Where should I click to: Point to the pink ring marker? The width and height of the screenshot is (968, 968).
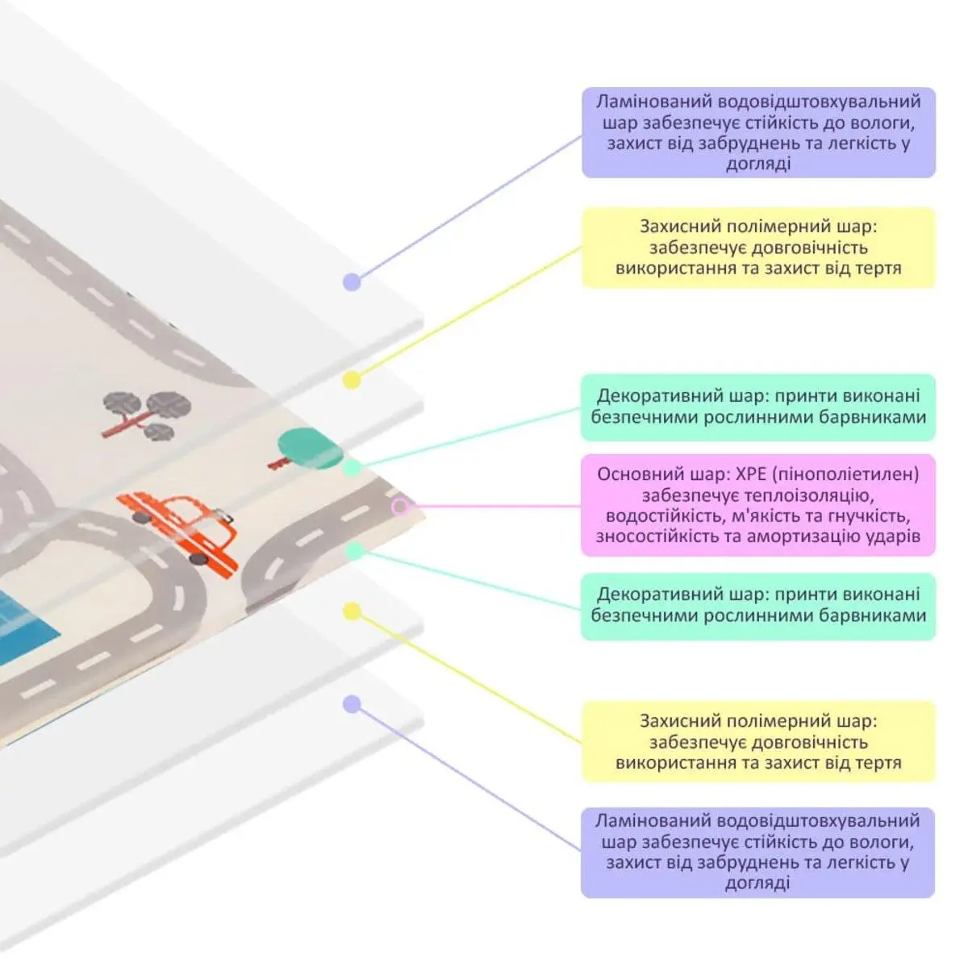click(x=400, y=507)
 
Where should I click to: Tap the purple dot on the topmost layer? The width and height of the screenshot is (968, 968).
click(x=352, y=282)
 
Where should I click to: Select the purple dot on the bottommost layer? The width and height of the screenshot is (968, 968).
click(x=352, y=704)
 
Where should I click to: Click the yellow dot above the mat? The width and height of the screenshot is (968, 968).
click(x=352, y=380)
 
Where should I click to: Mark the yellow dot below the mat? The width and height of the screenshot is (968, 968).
click(x=352, y=611)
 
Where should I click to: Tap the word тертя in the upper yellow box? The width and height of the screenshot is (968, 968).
click(x=877, y=268)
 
